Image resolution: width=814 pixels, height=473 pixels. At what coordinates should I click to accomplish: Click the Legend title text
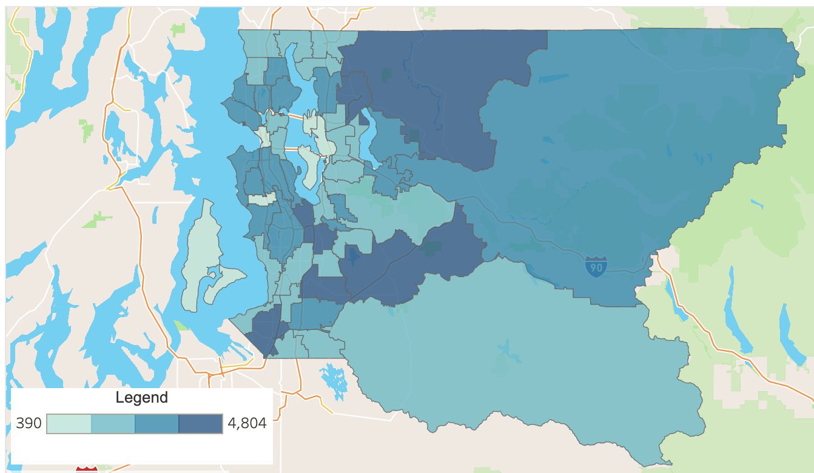click(x=141, y=398)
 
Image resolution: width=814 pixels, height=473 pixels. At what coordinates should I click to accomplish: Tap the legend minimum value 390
click(x=29, y=423)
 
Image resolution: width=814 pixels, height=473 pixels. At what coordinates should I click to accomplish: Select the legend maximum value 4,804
click(x=247, y=423)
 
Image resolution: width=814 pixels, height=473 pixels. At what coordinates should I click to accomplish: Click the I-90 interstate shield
click(x=596, y=266)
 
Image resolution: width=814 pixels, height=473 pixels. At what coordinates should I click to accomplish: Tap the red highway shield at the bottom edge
click(x=87, y=469)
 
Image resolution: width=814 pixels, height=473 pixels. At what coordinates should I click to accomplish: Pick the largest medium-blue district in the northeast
click(x=637, y=152)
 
